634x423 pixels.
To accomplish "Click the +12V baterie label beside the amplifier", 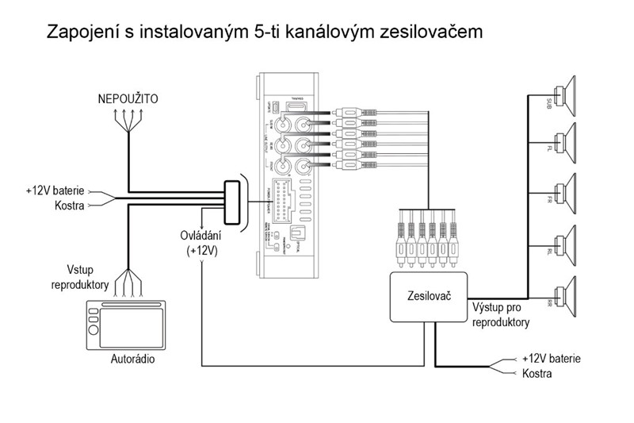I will pos(551,359).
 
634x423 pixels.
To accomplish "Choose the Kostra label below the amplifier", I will pos(537,372).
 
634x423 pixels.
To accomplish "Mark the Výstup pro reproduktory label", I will pos(501,315).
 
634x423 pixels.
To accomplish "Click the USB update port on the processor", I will pos(271,108).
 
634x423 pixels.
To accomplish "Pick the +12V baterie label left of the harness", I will pos(55,192).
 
